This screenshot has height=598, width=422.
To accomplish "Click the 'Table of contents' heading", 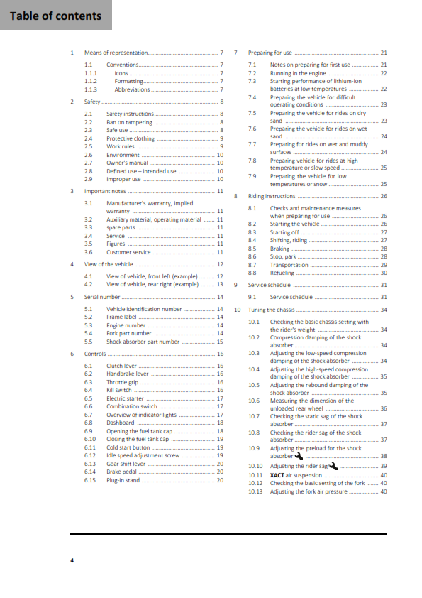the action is pyautogui.click(x=55, y=16).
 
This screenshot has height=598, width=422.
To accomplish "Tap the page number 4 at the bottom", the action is pyautogui.click(x=72, y=560).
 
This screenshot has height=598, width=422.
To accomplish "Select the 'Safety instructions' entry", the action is pyautogui.click(x=130, y=114).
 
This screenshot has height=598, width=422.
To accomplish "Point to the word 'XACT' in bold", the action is pyautogui.click(x=277, y=475).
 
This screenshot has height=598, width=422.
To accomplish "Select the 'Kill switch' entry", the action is pyautogui.click(x=118, y=390).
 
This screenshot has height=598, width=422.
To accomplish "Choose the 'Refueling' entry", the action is pyautogui.click(x=282, y=273).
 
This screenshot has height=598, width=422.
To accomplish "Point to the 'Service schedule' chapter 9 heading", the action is pyautogui.click(x=270, y=285).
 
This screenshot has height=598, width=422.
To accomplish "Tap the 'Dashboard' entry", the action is pyautogui.click(x=121, y=423).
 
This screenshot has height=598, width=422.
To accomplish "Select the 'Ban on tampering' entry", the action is pyautogui.click(x=129, y=122).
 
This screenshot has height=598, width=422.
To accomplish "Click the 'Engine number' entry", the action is pyautogui.click(x=126, y=325).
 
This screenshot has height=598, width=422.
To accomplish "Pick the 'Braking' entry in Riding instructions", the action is pyautogui.click(x=279, y=249).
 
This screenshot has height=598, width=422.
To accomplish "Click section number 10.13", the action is pyautogui.click(x=255, y=491).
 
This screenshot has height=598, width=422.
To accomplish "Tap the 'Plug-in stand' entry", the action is pyautogui.click(x=123, y=481).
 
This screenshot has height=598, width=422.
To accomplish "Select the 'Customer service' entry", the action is pyautogui.click(x=128, y=252).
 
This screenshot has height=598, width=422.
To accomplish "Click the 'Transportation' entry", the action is pyautogui.click(x=289, y=265).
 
